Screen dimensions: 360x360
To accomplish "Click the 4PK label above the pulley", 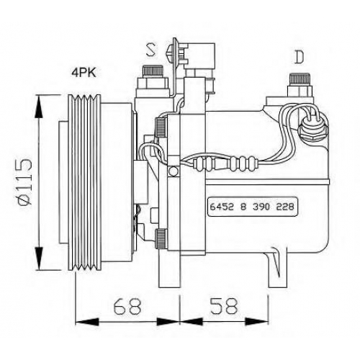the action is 84,73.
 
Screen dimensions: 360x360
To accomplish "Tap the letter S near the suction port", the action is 150,50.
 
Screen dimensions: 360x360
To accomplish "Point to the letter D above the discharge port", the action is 300,57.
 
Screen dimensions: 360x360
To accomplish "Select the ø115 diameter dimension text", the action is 25,183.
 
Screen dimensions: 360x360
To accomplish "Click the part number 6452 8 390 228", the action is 252,207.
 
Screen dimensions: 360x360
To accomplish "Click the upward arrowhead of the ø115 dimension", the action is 39,107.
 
